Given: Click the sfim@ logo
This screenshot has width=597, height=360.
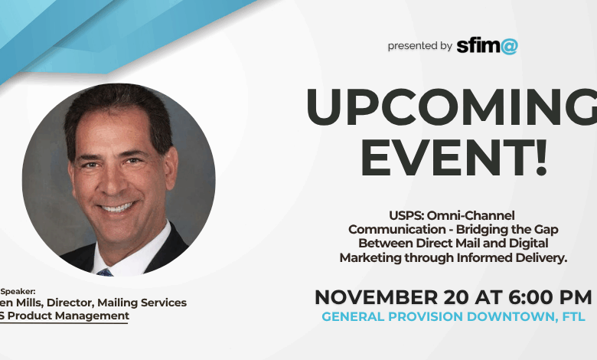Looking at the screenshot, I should click(487, 45).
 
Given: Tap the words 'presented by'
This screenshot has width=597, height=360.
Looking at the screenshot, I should click(419, 46).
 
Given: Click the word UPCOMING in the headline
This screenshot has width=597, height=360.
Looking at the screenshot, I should click(452, 106).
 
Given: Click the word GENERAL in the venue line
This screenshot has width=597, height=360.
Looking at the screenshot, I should click(355, 316).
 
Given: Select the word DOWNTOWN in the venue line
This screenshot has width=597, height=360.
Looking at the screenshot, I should click(506, 316).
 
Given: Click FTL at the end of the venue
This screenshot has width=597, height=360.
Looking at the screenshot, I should click(577, 316).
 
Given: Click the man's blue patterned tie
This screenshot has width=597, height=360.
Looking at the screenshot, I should click(105, 271).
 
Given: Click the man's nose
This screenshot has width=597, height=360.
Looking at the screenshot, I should click(117, 184).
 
